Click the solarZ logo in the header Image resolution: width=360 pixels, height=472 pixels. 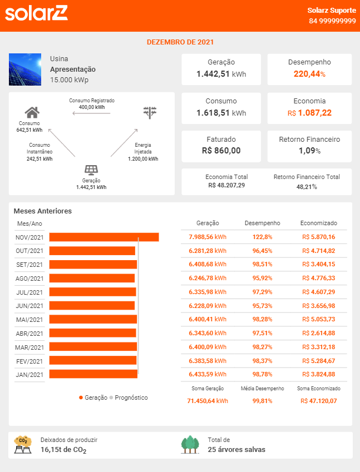click(36, 13)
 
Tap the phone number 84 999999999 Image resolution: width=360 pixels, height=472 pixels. click(333, 21)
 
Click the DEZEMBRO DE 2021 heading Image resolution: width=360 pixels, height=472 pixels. click(180, 42)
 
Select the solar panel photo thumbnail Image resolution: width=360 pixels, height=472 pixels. click(25, 69)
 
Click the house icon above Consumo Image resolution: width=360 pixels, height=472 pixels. click(32, 112)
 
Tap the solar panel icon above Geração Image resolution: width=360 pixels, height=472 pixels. click(91, 170)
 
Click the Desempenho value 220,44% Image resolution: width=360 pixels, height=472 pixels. click(309, 74)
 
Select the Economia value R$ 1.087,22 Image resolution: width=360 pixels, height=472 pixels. click(309, 113)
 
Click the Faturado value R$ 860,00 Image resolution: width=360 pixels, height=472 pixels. click(221, 151)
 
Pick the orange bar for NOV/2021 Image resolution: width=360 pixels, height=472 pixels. click(104, 237)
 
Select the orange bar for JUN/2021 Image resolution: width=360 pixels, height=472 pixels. click(92, 306)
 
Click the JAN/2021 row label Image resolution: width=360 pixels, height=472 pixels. click(29, 375)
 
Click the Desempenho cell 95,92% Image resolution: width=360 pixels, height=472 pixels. click(262, 278)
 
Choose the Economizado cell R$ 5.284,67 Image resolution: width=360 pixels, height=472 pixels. click(318, 361)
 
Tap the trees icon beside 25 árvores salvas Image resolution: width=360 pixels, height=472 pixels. click(190, 445)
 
